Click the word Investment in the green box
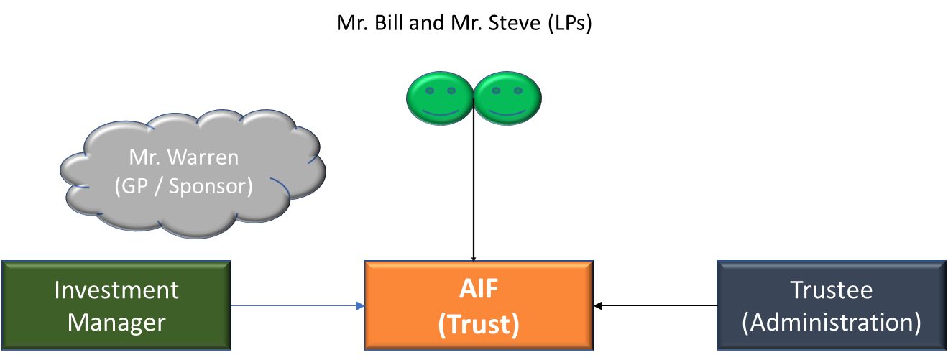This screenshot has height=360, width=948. coord(116,290)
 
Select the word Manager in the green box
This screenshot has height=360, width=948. coord(116,322)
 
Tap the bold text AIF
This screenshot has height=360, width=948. coord(479,290)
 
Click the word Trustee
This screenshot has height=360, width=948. coord(832,290)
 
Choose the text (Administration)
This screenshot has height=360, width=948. coord(832,322)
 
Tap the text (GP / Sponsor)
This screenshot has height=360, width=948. coord(184,185)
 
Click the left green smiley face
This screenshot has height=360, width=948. coord(439,99)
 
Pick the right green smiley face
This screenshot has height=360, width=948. coord(507,99)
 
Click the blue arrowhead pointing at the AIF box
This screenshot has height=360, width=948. coord(360,306)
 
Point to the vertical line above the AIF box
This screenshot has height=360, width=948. coord(473,194)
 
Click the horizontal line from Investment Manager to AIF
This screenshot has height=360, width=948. coord(295,306)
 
